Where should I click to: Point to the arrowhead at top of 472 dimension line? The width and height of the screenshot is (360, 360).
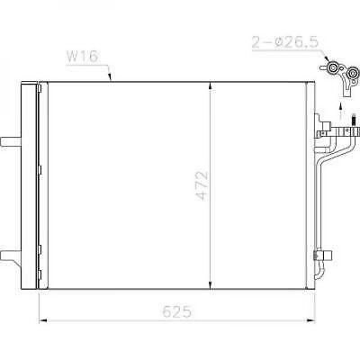click(x=210, y=85)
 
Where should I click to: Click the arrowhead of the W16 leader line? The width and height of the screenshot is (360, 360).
click(x=111, y=79)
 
